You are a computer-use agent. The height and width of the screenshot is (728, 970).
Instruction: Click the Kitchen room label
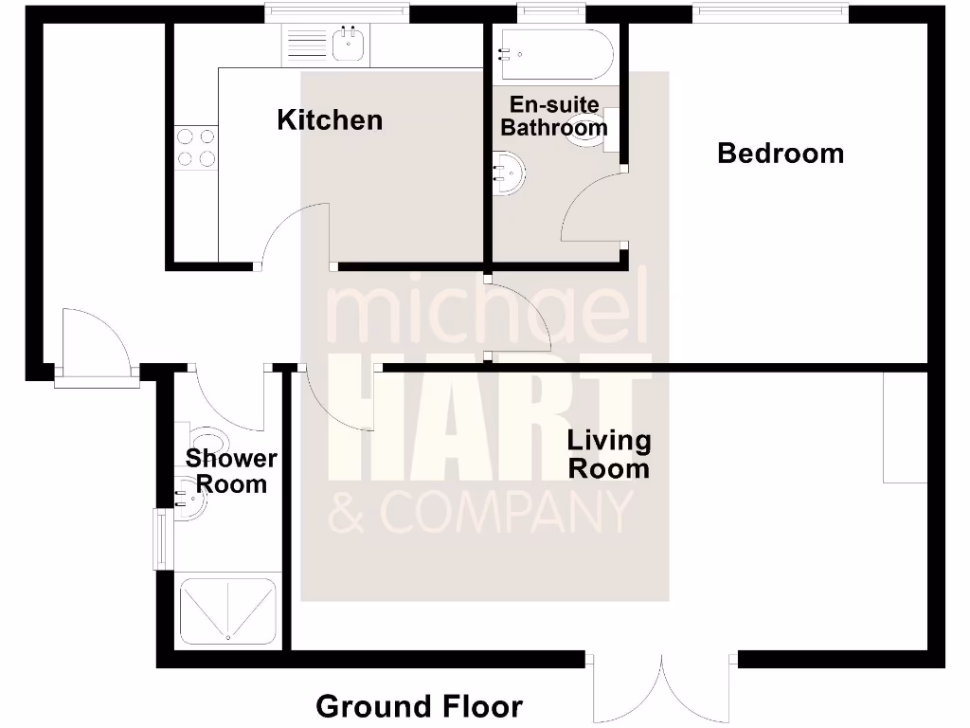(330, 120)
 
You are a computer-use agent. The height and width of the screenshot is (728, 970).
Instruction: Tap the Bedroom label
(780, 153)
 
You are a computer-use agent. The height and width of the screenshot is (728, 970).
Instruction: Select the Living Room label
(608, 454)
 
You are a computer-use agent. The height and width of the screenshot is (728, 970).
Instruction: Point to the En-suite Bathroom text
(554, 116)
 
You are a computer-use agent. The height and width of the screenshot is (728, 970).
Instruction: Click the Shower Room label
(231, 471)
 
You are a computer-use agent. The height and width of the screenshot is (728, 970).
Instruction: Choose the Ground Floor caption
(419, 706)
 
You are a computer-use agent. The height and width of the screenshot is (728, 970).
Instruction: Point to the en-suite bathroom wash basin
(509, 174)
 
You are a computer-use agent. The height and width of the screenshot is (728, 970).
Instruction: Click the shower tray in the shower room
(227, 611)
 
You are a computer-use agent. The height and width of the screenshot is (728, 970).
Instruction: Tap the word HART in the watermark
(488, 423)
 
